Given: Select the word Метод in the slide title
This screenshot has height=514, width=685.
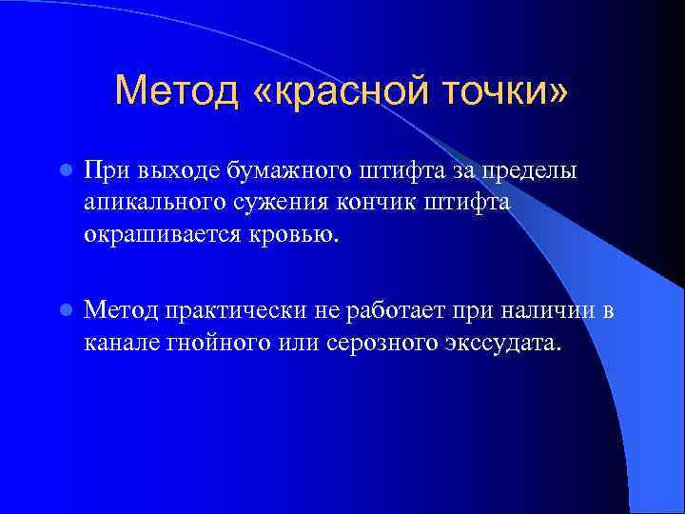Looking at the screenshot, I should point(178,91).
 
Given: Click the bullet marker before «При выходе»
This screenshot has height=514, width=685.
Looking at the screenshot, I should point(64,170).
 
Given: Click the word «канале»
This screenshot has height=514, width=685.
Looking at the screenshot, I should point(115,342).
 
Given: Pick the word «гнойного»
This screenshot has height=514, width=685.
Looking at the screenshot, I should point(204,342).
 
